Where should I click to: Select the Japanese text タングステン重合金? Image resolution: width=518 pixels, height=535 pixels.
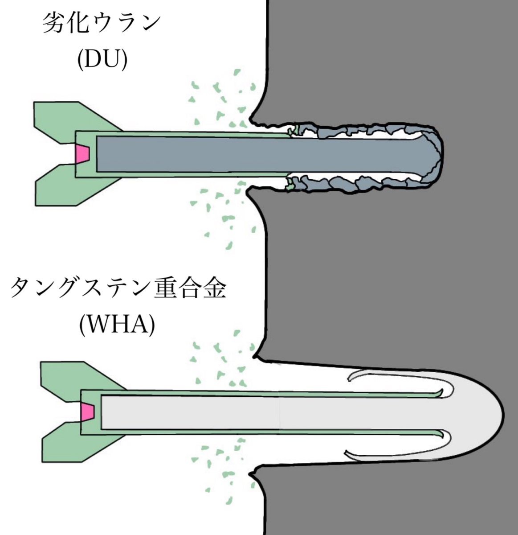pos(118,288)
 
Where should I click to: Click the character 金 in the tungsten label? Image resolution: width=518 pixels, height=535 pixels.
pos(212,288)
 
